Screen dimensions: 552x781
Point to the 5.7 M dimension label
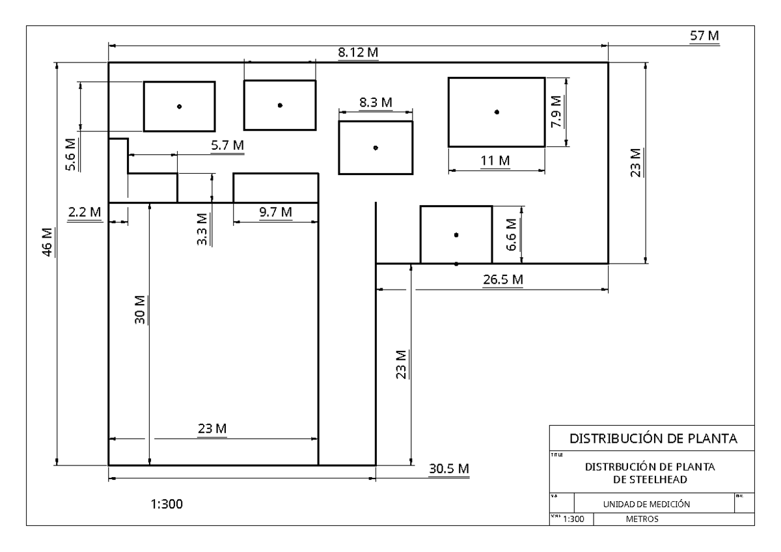(x=228, y=146)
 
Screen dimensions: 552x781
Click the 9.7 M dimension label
(x=275, y=212)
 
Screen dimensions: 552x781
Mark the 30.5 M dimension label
(x=449, y=469)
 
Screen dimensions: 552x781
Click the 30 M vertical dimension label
(x=140, y=312)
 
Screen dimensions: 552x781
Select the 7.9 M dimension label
(x=556, y=111)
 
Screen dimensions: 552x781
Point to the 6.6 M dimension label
(x=512, y=237)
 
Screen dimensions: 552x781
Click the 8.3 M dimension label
(x=376, y=102)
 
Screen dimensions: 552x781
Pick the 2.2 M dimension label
(x=85, y=212)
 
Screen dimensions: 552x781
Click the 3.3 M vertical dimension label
(x=202, y=228)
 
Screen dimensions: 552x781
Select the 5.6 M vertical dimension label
(x=70, y=154)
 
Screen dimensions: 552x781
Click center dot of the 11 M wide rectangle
(x=497, y=112)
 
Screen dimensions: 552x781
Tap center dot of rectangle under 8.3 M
(x=376, y=148)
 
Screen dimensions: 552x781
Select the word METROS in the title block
(x=642, y=519)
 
